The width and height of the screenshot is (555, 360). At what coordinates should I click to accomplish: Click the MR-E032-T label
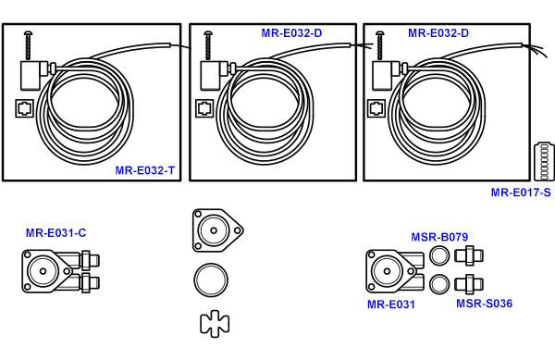click(145, 170)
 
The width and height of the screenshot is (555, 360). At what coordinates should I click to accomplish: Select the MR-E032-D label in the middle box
click(291, 33)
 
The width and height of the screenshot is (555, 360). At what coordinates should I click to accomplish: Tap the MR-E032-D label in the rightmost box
click(438, 33)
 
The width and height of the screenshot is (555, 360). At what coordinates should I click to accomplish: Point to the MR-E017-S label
click(520, 192)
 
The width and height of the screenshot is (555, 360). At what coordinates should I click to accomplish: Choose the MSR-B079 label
click(439, 237)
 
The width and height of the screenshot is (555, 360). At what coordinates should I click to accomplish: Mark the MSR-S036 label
click(484, 304)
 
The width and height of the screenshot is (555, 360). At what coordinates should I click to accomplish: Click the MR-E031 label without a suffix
click(390, 304)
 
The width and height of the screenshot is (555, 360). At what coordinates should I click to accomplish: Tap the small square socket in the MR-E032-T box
click(25, 108)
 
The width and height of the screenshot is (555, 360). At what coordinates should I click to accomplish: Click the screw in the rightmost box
click(380, 45)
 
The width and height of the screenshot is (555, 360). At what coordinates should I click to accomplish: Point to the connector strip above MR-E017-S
click(543, 162)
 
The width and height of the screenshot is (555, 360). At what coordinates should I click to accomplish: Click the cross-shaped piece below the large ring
click(215, 322)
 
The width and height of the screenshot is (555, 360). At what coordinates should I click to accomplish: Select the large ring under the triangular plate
click(212, 280)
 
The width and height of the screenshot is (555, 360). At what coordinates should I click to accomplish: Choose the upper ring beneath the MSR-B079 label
click(440, 257)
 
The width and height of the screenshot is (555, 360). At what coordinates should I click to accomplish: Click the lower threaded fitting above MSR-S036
click(469, 282)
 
